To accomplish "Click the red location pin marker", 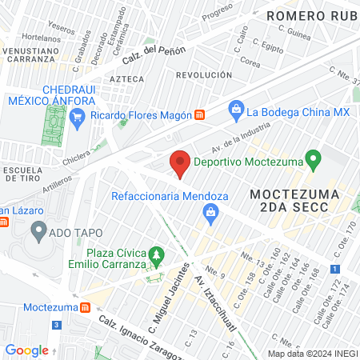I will [180, 163].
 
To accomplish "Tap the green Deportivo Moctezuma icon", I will [314, 160].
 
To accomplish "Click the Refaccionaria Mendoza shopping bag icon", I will [210, 212].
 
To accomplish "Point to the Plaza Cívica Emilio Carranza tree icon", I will [158, 256].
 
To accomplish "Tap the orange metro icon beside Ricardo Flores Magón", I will [200, 114].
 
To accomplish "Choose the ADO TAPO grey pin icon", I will [38, 232].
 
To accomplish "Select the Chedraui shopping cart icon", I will [78, 119].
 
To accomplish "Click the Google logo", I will [26, 350].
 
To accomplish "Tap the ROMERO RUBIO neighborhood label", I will [313, 15].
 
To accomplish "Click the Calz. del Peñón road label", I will [154, 56].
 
